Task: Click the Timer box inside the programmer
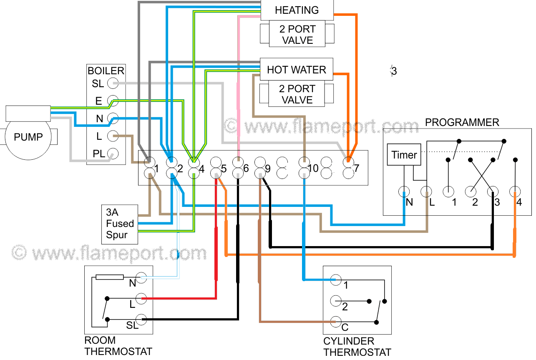[x=404, y=155]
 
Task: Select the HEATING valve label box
[x=297, y=10]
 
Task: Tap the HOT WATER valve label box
[x=296, y=70]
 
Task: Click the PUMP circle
[x=28, y=137]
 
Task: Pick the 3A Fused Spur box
[x=119, y=224]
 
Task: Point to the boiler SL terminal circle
[x=113, y=83]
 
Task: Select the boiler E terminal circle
[x=113, y=101]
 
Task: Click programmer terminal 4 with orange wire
[x=516, y=192]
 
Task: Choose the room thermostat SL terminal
[x=142, y=320]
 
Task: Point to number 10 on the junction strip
[x=313, y=169]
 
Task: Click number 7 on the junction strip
[x=357, y=169]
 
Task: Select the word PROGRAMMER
[x=462, y=123]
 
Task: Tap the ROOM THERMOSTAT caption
[x=118, y=346]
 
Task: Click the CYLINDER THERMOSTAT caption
[x=357, y=347]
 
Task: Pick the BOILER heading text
[x=106, y=71]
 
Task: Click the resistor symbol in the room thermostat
[x=110, y=277]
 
